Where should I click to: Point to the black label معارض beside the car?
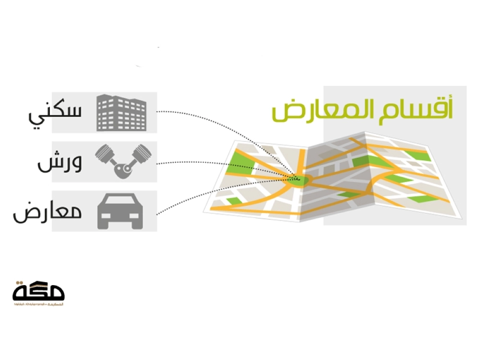click(48, 211)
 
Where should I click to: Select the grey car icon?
click(120, 211)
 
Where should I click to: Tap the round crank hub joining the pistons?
click(123, 170)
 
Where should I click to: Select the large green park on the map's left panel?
click(240, 158)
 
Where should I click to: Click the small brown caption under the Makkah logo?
click(38, 304)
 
